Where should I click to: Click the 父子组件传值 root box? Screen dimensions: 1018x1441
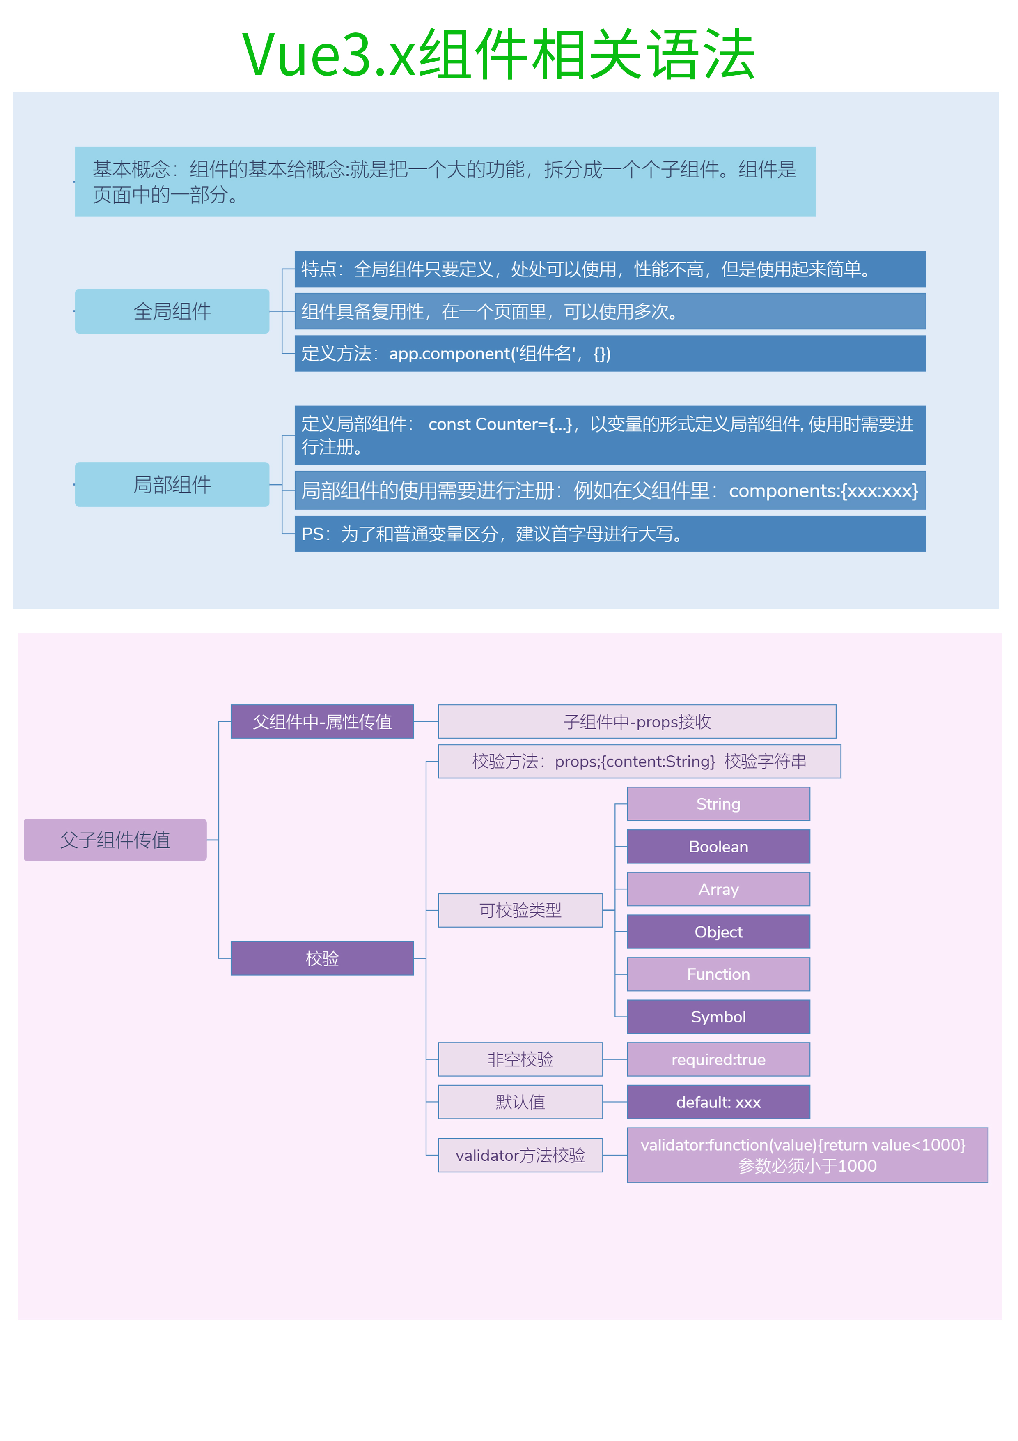pyautogui.click(x=115, y=839)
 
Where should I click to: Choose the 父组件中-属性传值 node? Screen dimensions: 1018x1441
pyautogui.click(x=322, y=721)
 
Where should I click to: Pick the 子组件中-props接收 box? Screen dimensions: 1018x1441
pyautogui.click(x=637, y=721)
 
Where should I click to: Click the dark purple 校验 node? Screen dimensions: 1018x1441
pyautogui.click(x=322, y=958)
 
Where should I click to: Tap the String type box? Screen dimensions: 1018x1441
pyautogui.click(x=718, y=804)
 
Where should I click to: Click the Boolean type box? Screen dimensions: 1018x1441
pyautogui.click(x=718, y=847)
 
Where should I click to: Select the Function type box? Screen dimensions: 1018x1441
pyautogui.click(x=718, y=974)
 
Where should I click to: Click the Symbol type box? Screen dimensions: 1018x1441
pyautogui.click(x=718, y=1017)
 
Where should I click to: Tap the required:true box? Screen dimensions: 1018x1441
pyautogui.click(x=718, y=1059)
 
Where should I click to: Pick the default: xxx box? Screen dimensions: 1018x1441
pyautogui.click(x=718, y=1102)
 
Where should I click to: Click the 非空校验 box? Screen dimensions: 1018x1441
pyautogui.click(x=520, y=1059)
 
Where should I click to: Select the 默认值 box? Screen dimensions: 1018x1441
pyautogui.click(x=520, y=1102)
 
